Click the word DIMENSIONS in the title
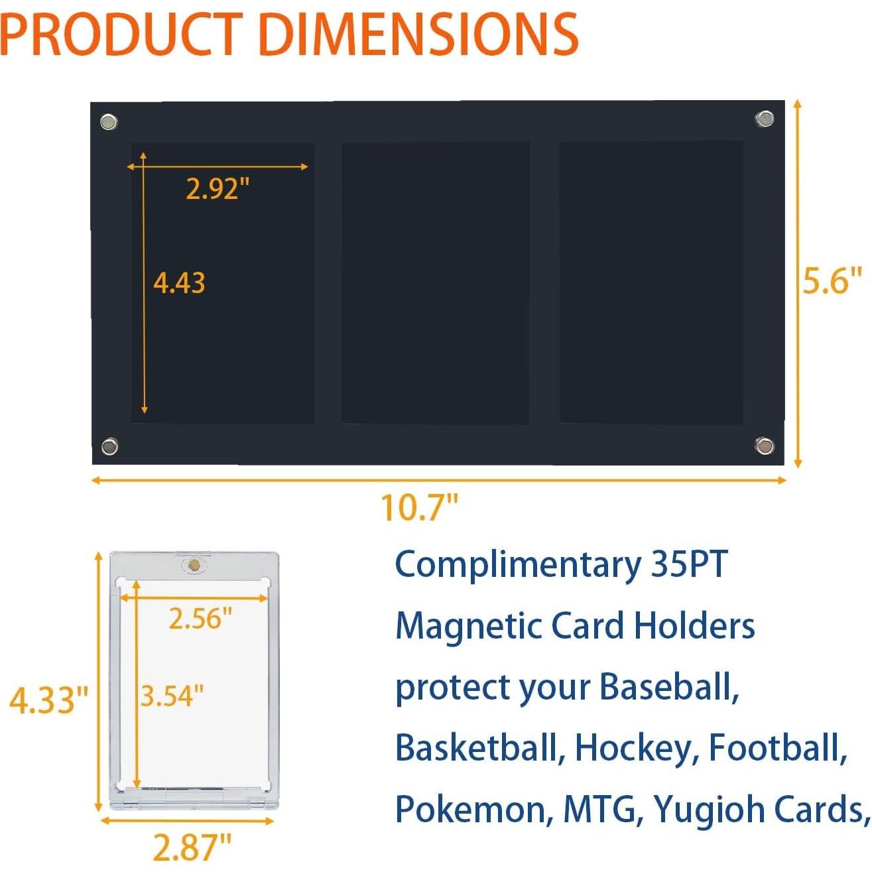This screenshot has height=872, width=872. (424, 34)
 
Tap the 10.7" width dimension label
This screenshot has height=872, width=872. (419, 508)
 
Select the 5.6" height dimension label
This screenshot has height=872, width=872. (832, 280)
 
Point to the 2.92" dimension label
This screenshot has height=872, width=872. (218, 189)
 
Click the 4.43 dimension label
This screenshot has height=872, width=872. (179, 283)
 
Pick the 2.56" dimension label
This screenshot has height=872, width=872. (200, 619)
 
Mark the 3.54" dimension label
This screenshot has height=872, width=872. (172, 696)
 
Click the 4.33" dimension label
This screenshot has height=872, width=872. (48, 700)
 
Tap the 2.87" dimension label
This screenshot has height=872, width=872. (192, 847)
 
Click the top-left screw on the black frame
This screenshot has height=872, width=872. (109, 122)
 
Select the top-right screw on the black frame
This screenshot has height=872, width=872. (765, 119)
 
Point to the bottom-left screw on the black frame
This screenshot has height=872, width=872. (109, 446)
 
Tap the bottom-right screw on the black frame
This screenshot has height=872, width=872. (764, 446)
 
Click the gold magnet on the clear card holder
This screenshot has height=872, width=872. (194, 565)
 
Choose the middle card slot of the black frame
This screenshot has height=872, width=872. (435, 282)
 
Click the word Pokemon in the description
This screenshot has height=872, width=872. (472, 810)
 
